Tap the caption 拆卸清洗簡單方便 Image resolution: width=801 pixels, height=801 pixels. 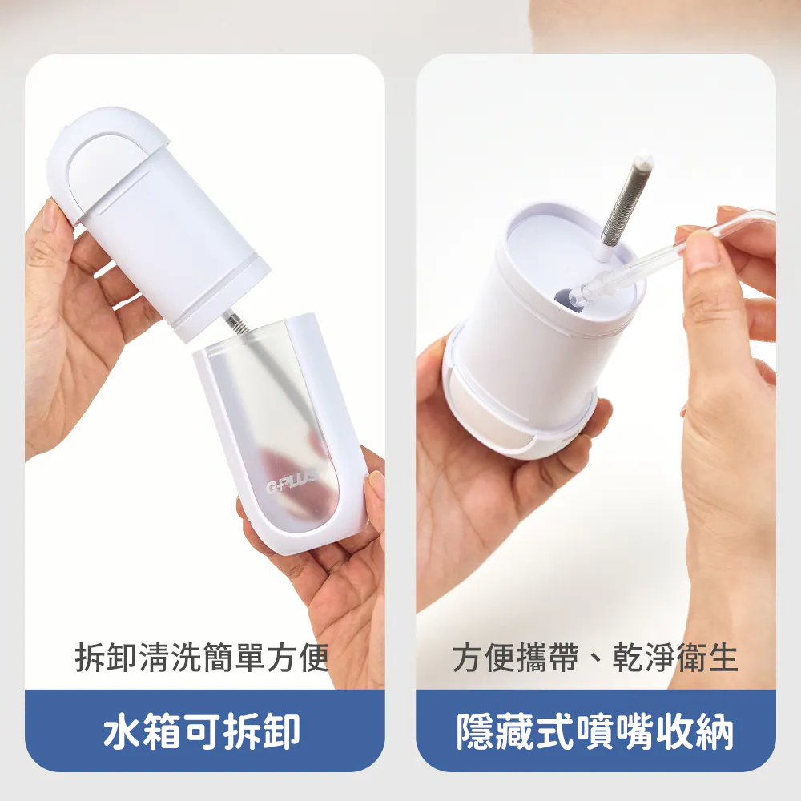(x=201, y=657)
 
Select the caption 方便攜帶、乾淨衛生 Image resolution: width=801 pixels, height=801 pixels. (x=595, y=657)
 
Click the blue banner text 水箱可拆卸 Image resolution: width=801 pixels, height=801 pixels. (x=202, y=731)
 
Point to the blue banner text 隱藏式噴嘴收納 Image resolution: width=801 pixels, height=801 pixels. (x=595, y=731)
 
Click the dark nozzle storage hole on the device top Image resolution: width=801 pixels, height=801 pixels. (x=565, y=298)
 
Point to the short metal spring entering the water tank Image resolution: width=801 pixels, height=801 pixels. (x=235, y=321)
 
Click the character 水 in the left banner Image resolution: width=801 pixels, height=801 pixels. (x=122, y=731)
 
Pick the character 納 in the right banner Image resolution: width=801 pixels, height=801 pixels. (x=714, y=731)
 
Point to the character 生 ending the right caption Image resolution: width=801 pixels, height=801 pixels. (x=723, y=657)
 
